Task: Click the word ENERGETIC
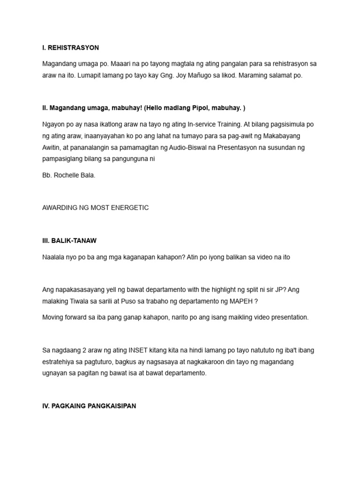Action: (x=129, y=208)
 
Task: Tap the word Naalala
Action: (x=54, y=257)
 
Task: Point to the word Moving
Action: (x=53, y=317)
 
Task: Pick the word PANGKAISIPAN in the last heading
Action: (x=112, y=406)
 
